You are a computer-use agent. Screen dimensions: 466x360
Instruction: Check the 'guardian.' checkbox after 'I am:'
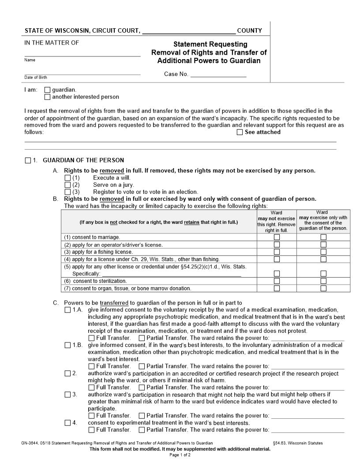(48, 90)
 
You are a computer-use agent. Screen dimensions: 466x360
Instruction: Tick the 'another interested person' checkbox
(48, 97)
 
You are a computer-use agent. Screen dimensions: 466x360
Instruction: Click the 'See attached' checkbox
(240, 132)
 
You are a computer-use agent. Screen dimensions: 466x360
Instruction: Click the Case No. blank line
(218, 75)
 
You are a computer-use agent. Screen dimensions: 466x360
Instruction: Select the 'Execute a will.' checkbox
(67, 178)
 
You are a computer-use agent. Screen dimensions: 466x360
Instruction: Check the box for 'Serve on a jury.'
(67, 185)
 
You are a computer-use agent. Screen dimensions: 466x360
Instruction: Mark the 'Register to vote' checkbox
(67, 192)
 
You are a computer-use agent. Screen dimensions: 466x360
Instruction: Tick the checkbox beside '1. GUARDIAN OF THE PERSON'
(28, 161)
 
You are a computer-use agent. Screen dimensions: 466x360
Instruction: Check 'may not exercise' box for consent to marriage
(277, 237)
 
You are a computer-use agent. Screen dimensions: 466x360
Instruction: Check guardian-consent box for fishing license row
(323, 252)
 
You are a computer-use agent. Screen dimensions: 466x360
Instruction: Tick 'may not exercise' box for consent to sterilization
(277, 281)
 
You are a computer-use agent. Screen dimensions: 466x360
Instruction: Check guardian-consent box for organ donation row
(323, 289)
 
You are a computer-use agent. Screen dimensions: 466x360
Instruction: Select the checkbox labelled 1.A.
(67, 310)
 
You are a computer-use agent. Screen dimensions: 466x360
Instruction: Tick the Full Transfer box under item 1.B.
(91, 366)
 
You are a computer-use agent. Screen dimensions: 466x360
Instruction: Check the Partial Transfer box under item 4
(142, 430)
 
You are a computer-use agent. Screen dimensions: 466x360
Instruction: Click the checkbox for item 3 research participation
(67, 395)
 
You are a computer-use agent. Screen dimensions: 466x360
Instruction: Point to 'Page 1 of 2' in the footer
(180, 455)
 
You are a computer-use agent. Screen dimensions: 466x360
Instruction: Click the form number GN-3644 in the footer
(29, 443)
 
